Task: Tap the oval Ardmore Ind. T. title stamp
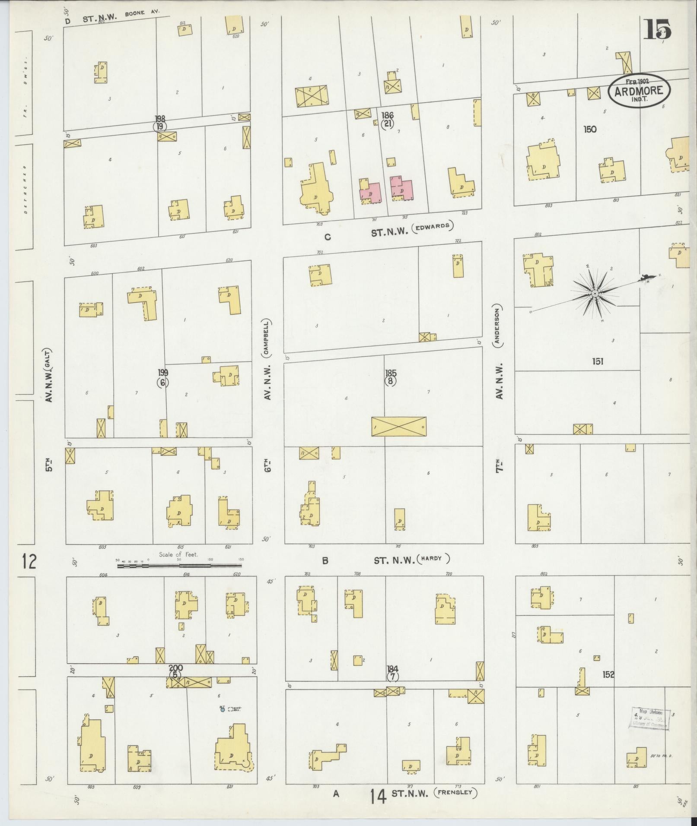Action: coord(640,91)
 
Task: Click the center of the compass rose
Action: coord(595,294)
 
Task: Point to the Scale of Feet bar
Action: coord(179,565)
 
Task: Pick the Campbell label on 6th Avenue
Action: coord(267,338)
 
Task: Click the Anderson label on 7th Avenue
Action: coord(498,326)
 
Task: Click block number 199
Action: coord(162,373)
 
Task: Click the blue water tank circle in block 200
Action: coord(222,709)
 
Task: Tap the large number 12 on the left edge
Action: coord(29,562)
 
